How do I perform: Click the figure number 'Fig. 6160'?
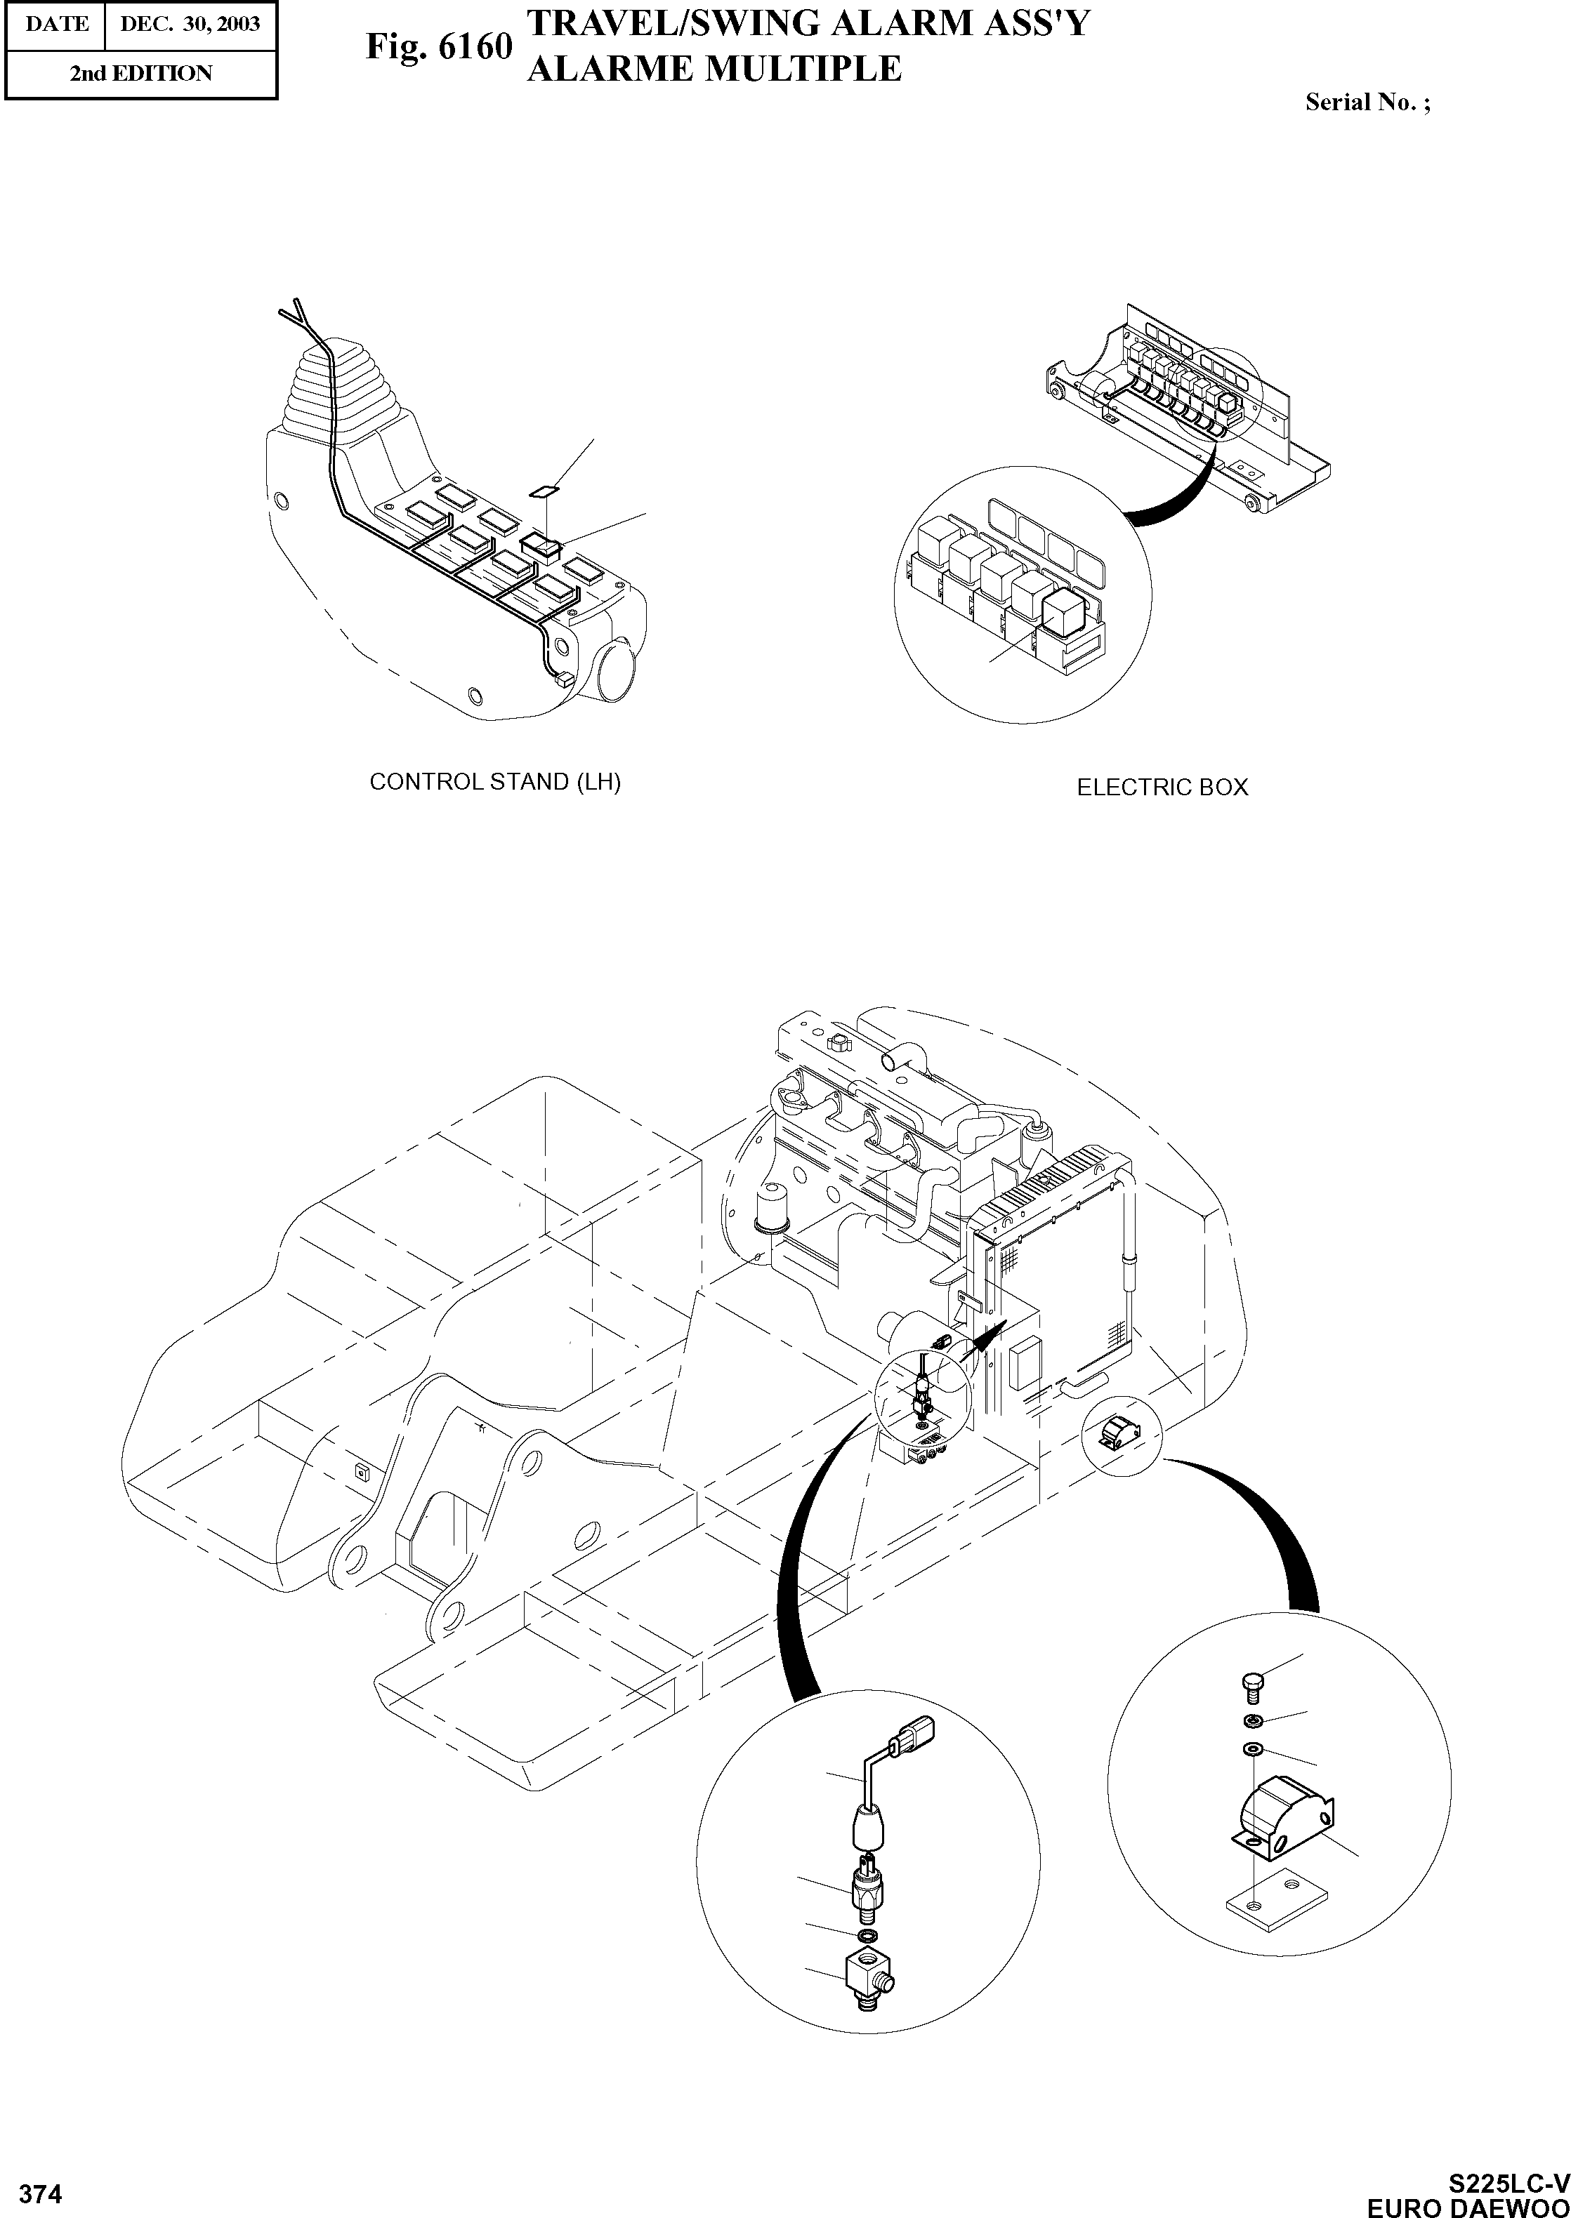(x=438, y=46)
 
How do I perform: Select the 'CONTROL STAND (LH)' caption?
(x=494, y=781)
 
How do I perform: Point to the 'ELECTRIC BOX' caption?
(x=1162, y=787)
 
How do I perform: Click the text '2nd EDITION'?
(x=140, y=74)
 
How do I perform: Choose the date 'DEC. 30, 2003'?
(x=190, y=23)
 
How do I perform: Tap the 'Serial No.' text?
(x=1367, y=102)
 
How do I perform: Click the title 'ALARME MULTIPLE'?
(x=714, y=69)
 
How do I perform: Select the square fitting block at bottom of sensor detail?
(x=866, y=1972)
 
